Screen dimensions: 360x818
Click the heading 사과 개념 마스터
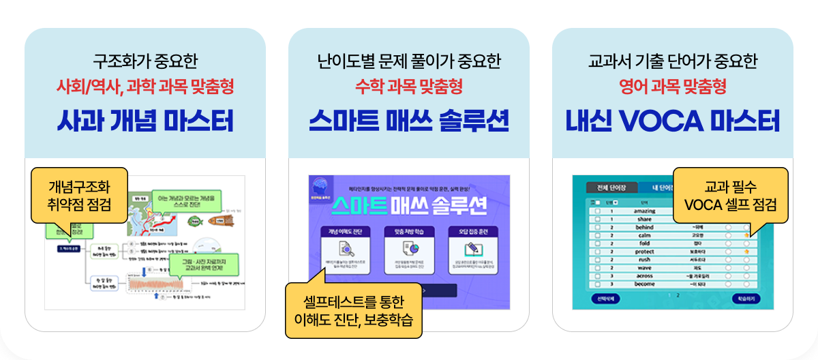click(145, 121)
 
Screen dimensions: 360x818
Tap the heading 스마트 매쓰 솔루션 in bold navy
click(408, 121)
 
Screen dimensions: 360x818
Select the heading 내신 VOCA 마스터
click(672, 121)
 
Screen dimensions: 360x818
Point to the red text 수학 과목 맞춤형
click(408, 87)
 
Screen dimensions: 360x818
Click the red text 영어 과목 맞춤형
click(672, 87)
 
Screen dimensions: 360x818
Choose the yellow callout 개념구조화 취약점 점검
click(79, 195)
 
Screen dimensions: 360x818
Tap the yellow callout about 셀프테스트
click(353, 310)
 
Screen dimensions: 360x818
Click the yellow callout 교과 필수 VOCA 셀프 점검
click(730, 195)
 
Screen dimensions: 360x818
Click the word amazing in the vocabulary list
click(645, 211)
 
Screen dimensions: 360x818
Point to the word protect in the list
click(645, 252)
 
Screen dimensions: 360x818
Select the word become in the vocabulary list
click(645, 284)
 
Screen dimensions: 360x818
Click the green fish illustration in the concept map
click(193, 221)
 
